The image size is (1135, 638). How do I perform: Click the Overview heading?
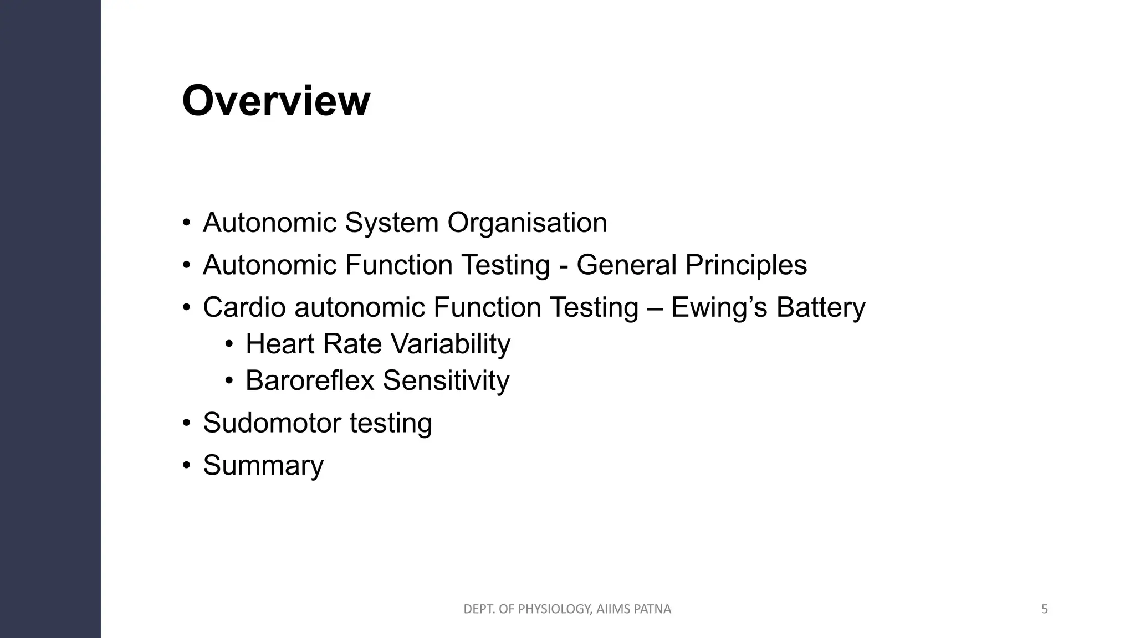(276, 101)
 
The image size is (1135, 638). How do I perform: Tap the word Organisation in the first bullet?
(527, 223)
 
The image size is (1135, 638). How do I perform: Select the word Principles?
(746, 265)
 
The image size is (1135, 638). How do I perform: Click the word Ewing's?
(719, 307)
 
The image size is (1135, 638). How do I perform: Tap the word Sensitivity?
(446, 381)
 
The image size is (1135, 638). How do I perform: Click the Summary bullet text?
(263, 465)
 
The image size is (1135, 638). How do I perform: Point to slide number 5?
(1045, 609)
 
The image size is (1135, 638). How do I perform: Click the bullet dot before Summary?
(187, 465)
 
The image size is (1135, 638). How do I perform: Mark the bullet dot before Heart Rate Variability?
(229, 344)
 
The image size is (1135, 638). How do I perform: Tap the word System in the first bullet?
(392, 223)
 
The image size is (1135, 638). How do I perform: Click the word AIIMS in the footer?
(613, 609)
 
